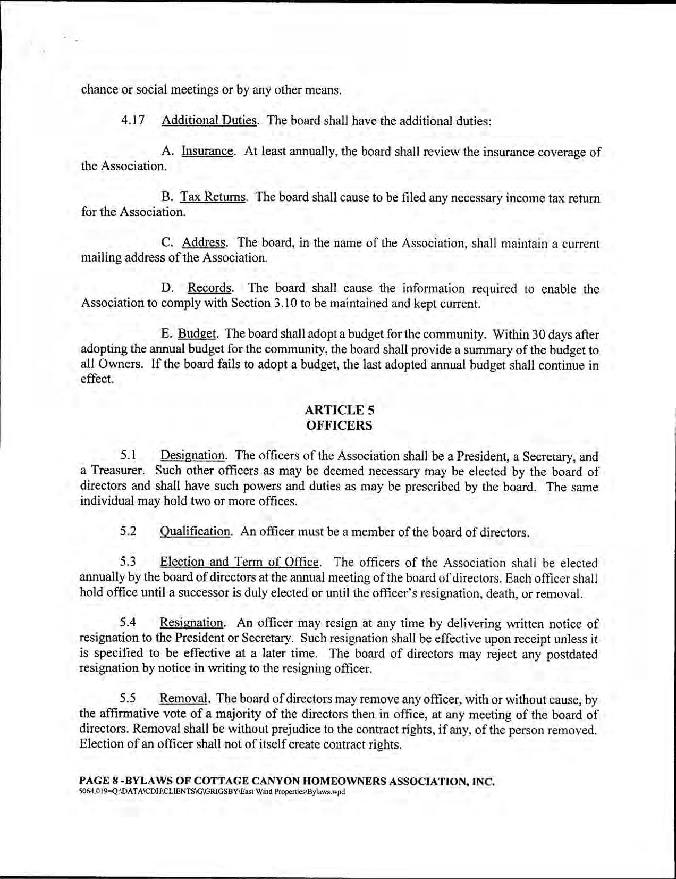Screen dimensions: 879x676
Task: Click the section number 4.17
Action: pyautogui.click(x=133, y=120)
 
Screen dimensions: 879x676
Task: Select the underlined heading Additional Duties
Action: pyautogui.click(x=209, y=120)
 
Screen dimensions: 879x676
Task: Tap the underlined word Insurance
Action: pyautogui.click(x=207, y=151)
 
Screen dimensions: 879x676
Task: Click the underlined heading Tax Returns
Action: pyautogui.click(x=213, y=197)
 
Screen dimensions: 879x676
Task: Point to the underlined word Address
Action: pyautogui.click(x=204, y=243)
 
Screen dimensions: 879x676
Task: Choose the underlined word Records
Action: pyautogui.click(x=210, y=289)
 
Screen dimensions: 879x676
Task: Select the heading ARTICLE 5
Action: pyautogui.click(x=340, y=410)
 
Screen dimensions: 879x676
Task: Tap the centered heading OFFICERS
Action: pyautogui.click(x=339, y=425)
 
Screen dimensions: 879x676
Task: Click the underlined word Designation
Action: pyautogui.click(x=192, y=456)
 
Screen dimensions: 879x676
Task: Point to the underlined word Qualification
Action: pyautogui.click(x=195, y=532)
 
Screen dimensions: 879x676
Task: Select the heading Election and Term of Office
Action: pyautogui.click(x=240, y=563)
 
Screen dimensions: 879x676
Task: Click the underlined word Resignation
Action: pyautogui.click(x=192, y=623)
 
